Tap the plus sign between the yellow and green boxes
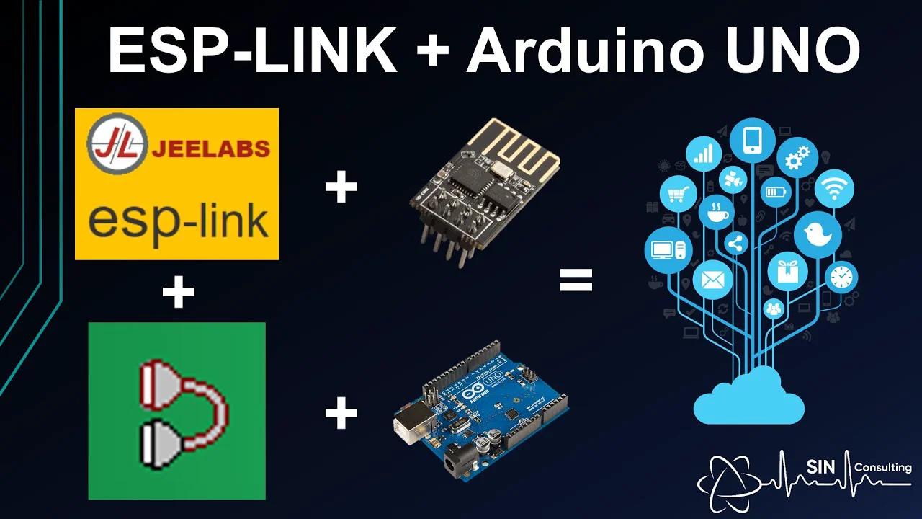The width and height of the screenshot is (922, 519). tap(178, 294)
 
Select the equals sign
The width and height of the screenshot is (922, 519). tap(576, 280)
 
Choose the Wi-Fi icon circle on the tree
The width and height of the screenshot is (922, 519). tap(835, 189)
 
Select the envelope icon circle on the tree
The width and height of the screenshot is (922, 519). tap(712, 280)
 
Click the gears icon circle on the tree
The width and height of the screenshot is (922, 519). tap(797, 157)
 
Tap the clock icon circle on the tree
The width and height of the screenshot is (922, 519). tap(841, 277)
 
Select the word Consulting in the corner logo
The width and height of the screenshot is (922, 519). tap(882, 467)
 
